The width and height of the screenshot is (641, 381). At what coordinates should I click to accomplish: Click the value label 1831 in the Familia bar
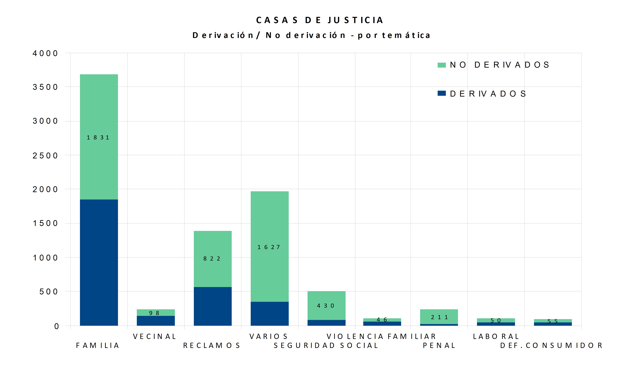[x=98, y=138]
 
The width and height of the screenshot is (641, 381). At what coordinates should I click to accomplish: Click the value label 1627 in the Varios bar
[x=269, y=247]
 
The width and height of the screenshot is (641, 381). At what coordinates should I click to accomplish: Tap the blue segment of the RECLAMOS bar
[x=212, y=306]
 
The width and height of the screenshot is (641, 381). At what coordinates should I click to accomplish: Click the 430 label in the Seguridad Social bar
[x=326, y=306]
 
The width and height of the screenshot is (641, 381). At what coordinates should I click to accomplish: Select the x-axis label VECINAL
[x=155, y=336]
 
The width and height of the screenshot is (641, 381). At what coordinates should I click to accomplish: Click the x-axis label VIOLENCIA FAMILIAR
[x=381, y=336]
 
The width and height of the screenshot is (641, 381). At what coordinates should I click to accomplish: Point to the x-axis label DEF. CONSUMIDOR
[x=551, y=346]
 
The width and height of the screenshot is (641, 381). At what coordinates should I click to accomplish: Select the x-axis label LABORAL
[x=496, y=336]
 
